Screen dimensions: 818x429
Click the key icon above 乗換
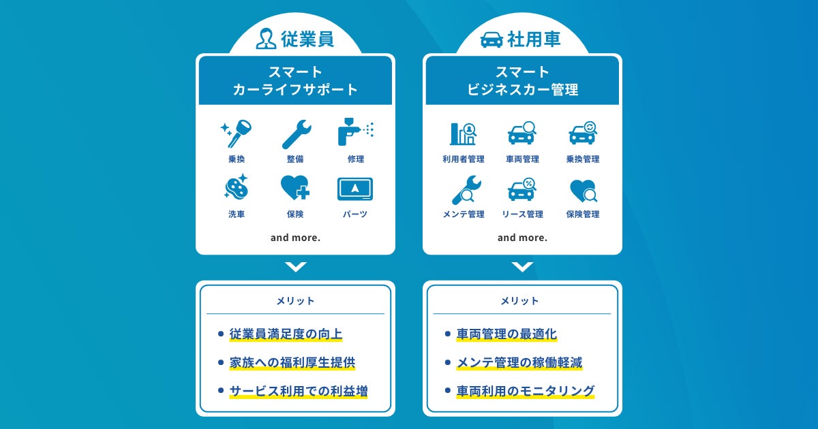pyautogui.click(x=236, y=133)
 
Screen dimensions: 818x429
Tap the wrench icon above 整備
pyautogui.click(x=296, y=134)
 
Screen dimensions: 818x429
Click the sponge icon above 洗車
pyautogui.click(x=237, y=188)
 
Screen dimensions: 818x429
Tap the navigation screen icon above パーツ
pyautogui.click(x=355, y=189)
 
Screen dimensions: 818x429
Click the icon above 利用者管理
pyautogui.click(x=463, y=133)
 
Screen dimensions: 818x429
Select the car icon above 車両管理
pyautogui.click(x=522, y=133)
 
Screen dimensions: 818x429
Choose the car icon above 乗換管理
pyautogui.click(x=583, y=133)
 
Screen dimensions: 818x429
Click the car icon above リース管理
pyautogui.click(x=522, y=189)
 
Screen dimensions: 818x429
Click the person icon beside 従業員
pyautogui.click(x=266, y=39)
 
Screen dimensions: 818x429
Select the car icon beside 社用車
pyautogui.click(x=492, y=39)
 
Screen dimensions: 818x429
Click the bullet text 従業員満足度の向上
pyautogui.click(x=286, y=334)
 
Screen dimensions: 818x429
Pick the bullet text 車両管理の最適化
pyautogui.click(x=506, y=334)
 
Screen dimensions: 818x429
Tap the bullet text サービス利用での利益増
pyautogui.click(x=299, y=392)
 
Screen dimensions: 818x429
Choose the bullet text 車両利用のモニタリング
pyautogui.click(x=525, y=392)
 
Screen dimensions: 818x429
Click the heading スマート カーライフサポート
pyautogui.click(x=295, y=80)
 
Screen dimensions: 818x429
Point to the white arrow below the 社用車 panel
pyautogui.click(x=522, y=267)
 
